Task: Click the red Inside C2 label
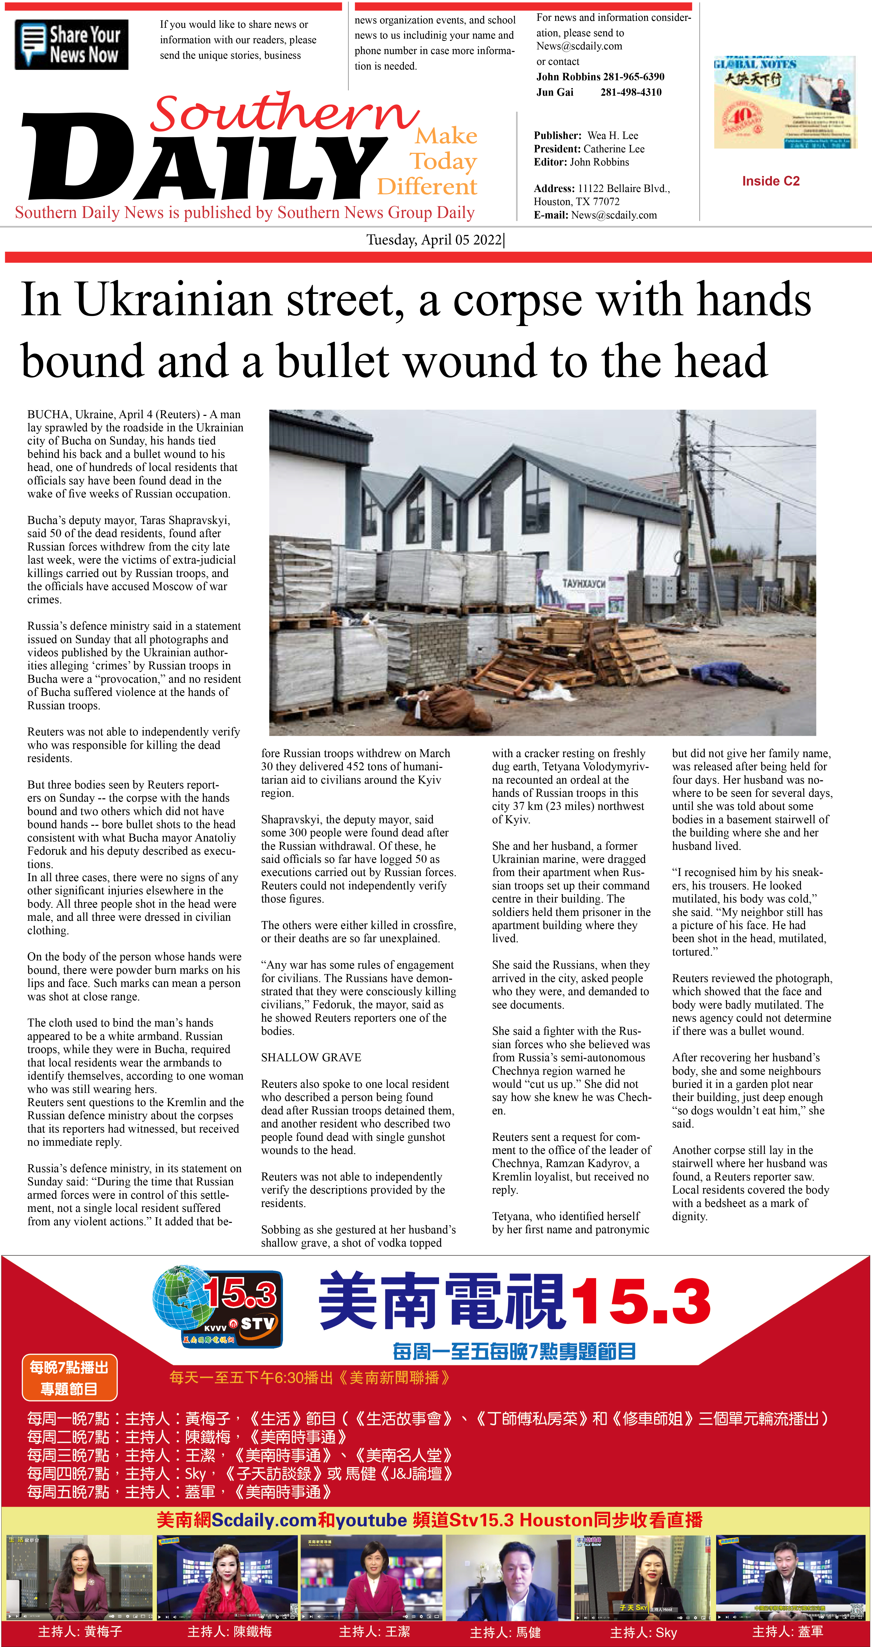770,181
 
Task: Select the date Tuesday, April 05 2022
435,240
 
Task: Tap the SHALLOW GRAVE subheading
311,1057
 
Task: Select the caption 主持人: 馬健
505,1632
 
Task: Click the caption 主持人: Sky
643,1632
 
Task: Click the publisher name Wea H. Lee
612,136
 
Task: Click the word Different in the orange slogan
427,187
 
